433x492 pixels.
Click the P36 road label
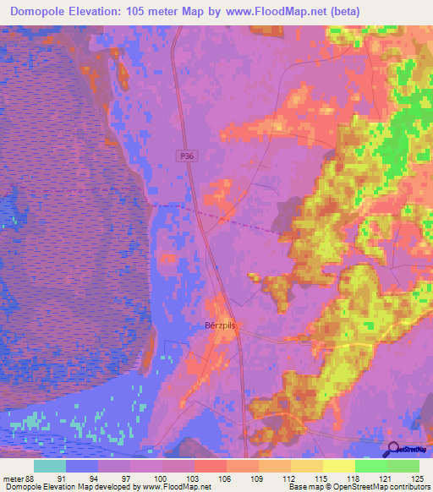pos(188,156)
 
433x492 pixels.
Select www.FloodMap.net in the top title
pos(277,12)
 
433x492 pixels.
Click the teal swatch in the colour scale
pos(50,467)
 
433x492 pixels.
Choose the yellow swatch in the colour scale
pos(339,467)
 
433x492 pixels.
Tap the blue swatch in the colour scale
pos(82,467)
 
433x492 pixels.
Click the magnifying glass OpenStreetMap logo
pos(393,450)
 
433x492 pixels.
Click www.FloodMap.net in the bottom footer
pos(177,486)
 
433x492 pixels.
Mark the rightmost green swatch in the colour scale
pos(403,467)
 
